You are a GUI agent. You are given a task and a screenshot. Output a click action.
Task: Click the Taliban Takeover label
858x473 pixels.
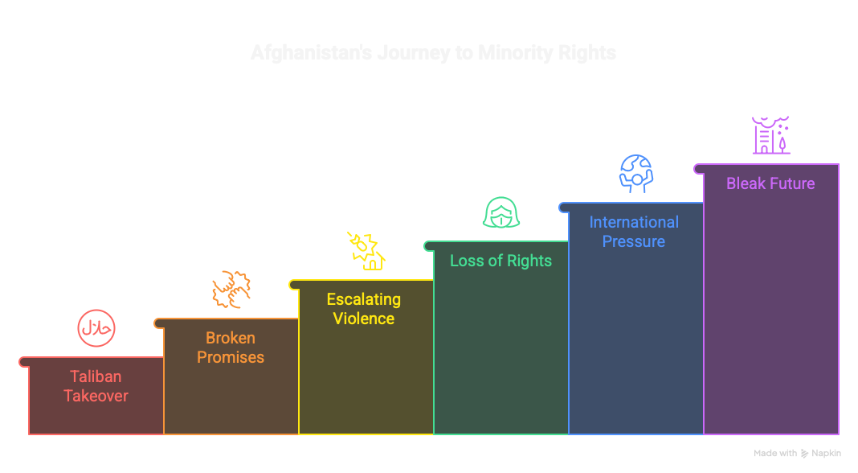click(96, 386)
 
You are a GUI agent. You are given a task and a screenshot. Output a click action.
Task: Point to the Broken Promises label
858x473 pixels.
click(231, 348)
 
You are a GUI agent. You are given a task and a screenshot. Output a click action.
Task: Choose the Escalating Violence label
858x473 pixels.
click(363, 309)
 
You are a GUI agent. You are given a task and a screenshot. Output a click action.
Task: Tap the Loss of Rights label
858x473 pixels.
click(500, 261)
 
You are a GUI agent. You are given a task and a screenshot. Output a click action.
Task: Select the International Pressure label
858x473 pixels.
click(634, 232)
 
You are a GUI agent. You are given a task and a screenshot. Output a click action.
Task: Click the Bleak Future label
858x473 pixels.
click(770, 183)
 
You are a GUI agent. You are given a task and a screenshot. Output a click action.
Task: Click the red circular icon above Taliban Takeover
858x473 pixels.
click(96, 328)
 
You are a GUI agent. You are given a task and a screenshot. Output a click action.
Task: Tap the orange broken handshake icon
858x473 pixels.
click(231, 290)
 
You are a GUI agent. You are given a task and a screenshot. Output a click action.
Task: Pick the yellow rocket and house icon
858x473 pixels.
click(366, 250)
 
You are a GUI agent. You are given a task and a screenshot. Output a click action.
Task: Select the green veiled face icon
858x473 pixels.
click(501, 212)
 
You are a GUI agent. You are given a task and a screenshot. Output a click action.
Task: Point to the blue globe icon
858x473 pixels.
click(635, 173)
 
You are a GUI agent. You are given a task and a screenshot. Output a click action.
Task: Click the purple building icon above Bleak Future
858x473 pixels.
click(771, 135)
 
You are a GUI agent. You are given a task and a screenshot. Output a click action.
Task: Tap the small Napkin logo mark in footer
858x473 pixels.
click(804, 454)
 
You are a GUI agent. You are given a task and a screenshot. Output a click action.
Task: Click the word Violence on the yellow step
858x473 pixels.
click(363, 319)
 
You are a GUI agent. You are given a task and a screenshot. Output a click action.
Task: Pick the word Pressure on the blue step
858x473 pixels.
click(634, 241)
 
